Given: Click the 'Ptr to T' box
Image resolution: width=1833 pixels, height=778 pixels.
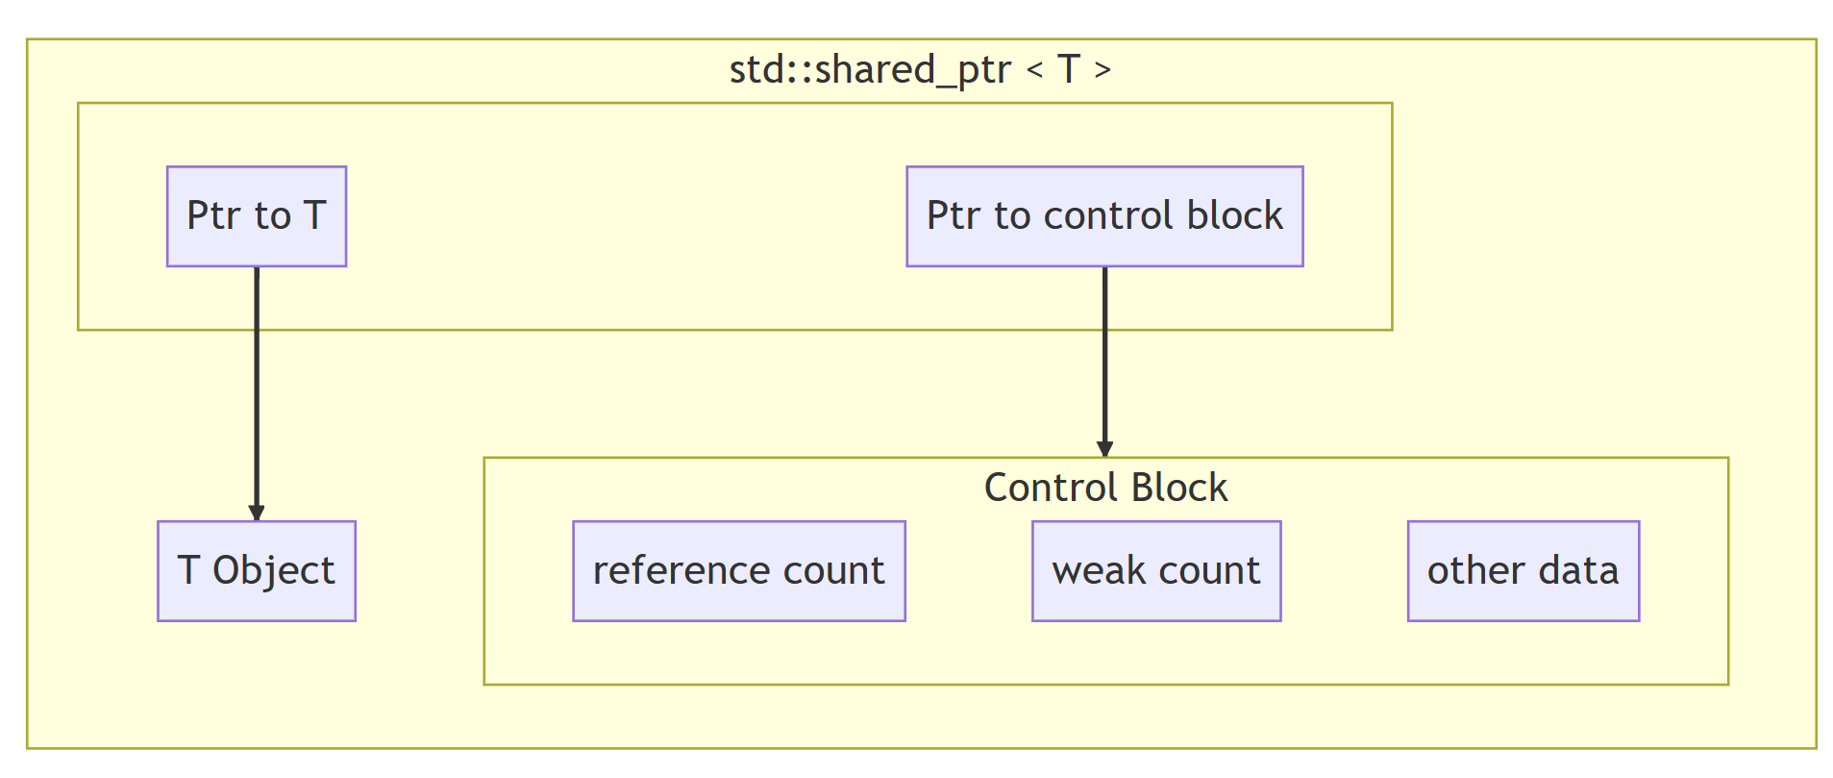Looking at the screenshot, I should point(256,216).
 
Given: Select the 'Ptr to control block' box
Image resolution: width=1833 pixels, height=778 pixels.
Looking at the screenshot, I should point(1103,216).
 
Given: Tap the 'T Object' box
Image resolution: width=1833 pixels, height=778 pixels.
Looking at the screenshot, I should point(256,571).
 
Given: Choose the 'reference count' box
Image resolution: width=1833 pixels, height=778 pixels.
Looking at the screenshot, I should point(738,571).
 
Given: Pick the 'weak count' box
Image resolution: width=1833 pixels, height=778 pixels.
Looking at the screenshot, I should point(1155,571).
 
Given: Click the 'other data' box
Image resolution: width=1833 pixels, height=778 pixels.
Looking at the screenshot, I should point(1523,571).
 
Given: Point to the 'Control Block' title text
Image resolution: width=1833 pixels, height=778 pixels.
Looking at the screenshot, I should point(1105,488).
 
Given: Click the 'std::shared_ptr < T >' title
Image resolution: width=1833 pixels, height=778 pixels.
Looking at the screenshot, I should point(920,69).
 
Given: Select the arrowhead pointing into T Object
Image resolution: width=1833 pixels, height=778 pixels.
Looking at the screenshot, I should point(257,513).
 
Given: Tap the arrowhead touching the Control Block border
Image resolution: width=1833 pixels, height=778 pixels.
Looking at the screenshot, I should point(1104,448).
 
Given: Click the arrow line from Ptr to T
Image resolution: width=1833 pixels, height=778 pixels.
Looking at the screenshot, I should point(257,385).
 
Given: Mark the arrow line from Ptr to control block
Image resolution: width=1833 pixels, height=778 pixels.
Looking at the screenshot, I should point(1104,356).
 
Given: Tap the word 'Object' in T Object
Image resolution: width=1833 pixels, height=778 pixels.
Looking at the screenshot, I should point(273,571).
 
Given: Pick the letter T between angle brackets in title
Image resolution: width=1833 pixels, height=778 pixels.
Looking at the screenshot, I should point(1068,69).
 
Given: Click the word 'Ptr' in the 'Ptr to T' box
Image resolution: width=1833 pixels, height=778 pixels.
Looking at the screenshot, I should point(212,216).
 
